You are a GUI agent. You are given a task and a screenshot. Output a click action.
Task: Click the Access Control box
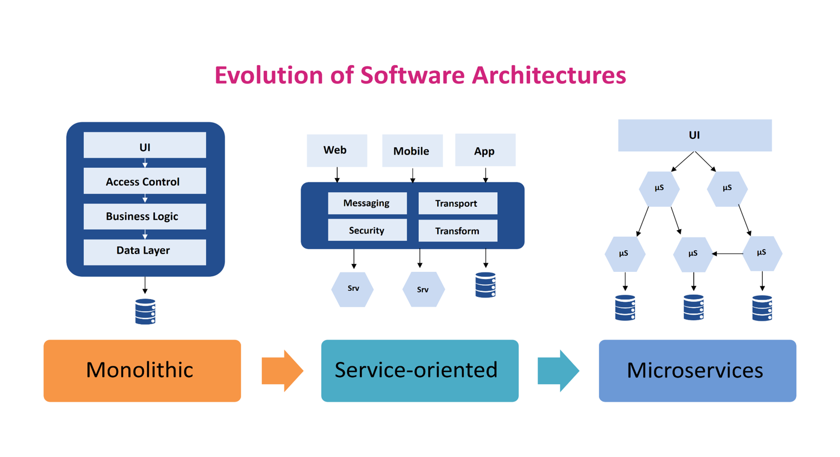coord(144,181)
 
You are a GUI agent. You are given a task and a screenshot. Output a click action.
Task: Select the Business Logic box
coord(144,216)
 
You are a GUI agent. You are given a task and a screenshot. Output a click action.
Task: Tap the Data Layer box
coord(144,251)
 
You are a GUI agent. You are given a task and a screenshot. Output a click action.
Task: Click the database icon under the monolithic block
coord(145,311)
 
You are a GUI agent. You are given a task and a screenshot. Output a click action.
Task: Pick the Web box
coord(337,150)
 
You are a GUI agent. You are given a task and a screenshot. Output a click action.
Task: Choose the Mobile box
coord(412,151)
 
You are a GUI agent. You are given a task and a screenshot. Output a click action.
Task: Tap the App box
coord(485,150)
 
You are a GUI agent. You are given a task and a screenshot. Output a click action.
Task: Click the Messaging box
coord(367,203)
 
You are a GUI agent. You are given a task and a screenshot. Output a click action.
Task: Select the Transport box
coord(457,203)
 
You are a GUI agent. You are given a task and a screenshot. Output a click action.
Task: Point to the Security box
coord(367,230)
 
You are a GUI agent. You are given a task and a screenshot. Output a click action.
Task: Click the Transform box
coord(457,231)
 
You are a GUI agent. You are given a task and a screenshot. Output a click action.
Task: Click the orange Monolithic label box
coord(142,370)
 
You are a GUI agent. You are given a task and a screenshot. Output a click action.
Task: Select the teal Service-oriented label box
coord(419,370)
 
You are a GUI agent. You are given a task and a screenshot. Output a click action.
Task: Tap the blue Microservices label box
coord(697,370)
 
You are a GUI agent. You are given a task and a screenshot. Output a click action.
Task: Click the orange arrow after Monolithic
coord(282,371)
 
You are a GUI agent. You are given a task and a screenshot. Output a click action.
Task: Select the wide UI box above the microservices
coord(694,135)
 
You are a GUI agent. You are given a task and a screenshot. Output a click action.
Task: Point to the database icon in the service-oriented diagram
coord(486,285)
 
